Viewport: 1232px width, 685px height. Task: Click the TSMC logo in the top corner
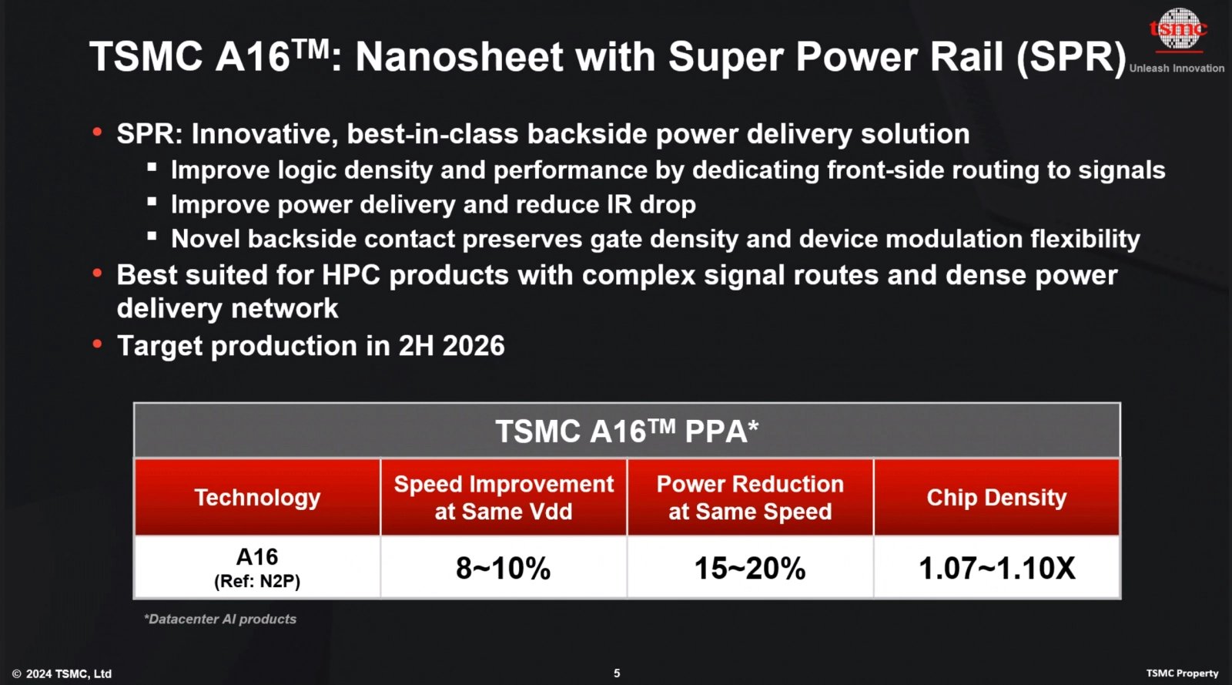coord(1178,29)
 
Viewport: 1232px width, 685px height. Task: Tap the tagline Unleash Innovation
coord(1177,68)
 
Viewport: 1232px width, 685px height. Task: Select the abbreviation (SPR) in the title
coord(1071,57)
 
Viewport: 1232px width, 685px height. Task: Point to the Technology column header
coord(257,498)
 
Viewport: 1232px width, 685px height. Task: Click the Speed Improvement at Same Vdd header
coord(504,498)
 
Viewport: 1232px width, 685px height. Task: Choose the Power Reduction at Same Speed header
coord(750,498)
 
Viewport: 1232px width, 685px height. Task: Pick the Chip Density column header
coord(996,498)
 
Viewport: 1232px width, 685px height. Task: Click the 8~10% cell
coord(504,569)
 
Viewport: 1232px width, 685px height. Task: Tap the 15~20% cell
coord(750,569)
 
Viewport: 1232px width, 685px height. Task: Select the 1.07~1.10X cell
coord(996,569)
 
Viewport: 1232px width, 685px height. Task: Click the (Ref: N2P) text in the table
coord(257,581)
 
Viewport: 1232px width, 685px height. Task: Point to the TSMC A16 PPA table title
coord(627,431)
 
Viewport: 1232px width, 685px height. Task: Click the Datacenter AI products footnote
coord(220,619)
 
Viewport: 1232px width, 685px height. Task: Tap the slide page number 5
coord(617,673)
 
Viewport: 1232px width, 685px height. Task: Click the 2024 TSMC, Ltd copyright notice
coord(62,673)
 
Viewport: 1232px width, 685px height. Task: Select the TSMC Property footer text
coord(1182,673)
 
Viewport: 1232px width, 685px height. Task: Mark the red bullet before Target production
coord(97,344)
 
